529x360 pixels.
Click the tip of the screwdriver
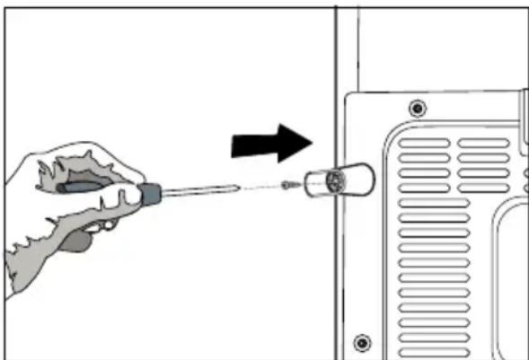click(236, 188)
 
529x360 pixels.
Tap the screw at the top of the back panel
click(416, 109)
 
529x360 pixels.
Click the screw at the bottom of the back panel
click(362, 341)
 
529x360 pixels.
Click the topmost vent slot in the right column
click(483, 143)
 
